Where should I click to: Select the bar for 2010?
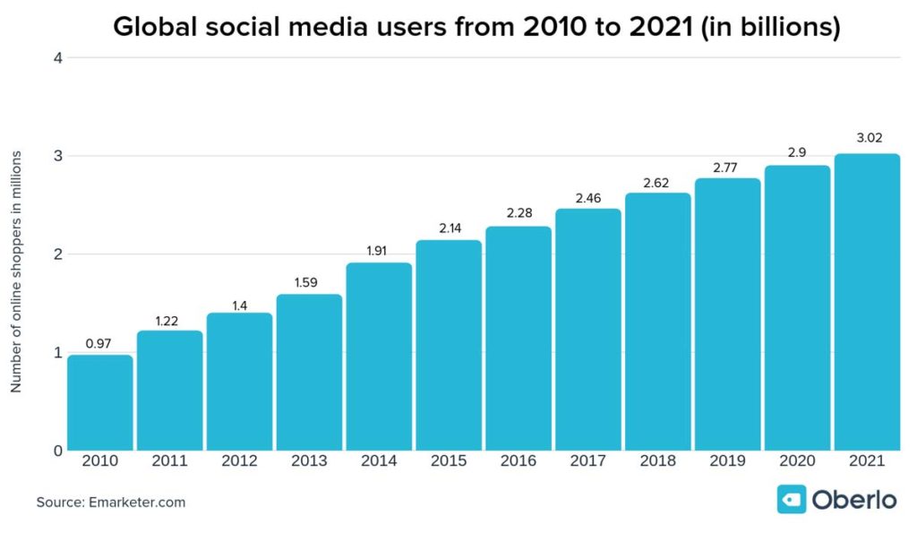(100, 402)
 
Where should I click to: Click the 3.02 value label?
(866, 139)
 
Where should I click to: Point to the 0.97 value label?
(100, 341)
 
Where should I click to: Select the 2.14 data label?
(449, 228)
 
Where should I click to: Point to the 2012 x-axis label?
(239, 462)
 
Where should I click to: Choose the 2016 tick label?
(518, 462)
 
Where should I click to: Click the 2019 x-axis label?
(727, 462)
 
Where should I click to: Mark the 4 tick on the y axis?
(56, 58)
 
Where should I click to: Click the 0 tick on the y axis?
(56, 451)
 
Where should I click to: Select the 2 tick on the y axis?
(56, 254)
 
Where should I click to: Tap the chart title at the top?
(476, 28)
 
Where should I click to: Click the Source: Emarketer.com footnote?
(111, 503)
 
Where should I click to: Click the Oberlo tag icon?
(791, 499)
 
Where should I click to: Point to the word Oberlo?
(853, 499)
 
